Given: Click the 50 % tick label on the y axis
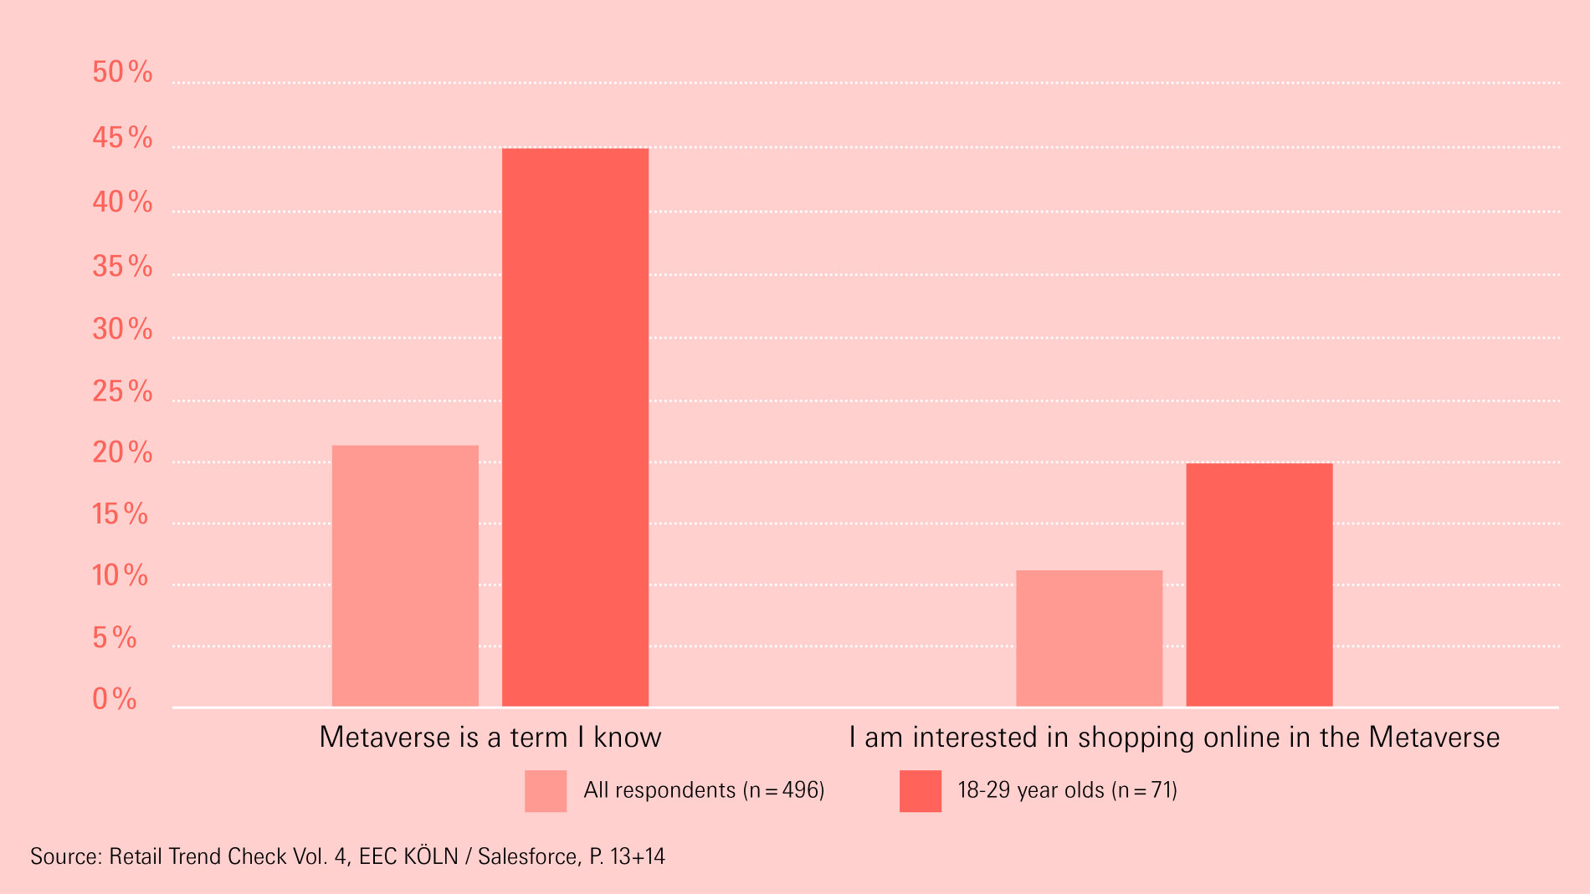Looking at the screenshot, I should [122, 72].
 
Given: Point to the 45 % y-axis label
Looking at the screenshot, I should [122, 137].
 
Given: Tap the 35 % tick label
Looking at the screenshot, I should [122, 266].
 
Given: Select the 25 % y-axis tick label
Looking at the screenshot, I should [122, 391].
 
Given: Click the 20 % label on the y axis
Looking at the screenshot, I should [122, 452].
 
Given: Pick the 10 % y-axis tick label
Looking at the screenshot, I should [120, 575].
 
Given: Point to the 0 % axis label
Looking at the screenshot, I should [115, 698].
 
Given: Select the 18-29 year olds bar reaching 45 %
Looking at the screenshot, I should [575, 427].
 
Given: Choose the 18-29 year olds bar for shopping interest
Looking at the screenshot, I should [1259, 585].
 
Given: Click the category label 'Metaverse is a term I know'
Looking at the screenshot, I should [490, 737].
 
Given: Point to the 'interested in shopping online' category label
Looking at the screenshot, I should [1173, 737].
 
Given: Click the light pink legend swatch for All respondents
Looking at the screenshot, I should [546, 790].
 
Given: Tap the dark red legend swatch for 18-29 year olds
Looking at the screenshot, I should [920, 790].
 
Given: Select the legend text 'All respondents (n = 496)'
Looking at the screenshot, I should [704, 790].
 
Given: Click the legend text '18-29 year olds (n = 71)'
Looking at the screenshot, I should [1067, 790].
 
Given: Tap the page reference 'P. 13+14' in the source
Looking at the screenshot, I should [627, 856].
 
